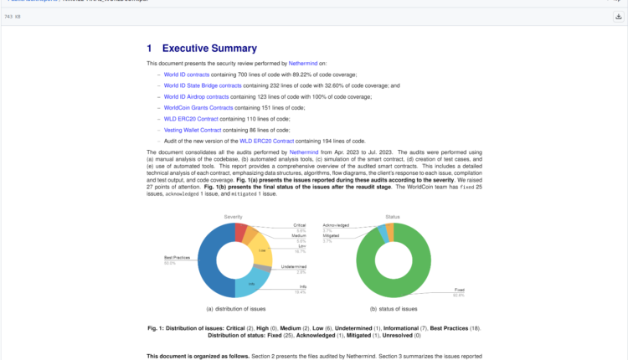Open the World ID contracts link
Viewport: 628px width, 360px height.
point(187,75)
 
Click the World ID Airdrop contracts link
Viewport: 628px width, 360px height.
point(196,97)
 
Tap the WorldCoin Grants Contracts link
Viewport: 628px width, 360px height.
point(198,108)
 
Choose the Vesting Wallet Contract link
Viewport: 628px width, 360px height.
point(193,131)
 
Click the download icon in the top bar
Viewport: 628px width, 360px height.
point(618,17)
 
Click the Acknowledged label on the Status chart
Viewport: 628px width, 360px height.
point(335,225)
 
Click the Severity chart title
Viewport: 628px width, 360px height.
point(233,217)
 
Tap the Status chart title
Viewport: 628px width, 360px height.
point(393,217)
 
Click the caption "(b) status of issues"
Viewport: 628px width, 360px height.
point(393,309)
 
